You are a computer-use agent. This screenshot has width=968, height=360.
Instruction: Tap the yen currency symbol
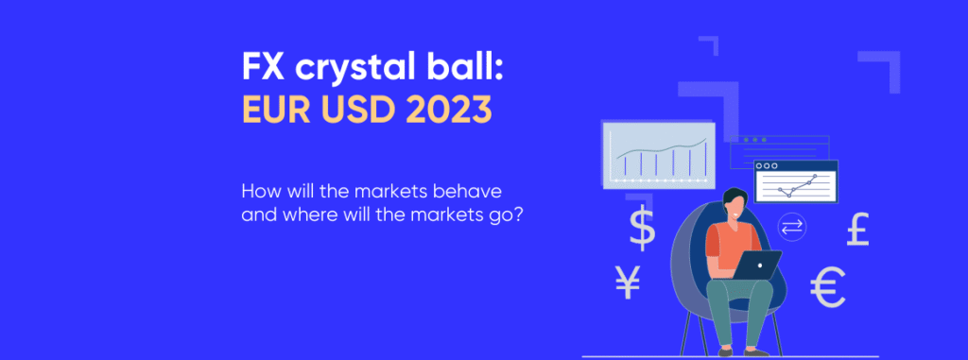(x=628, y=282)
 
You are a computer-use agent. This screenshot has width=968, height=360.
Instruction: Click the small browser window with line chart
(x=796, y=180)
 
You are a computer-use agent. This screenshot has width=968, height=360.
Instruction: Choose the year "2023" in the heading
(x=450, y=111)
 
